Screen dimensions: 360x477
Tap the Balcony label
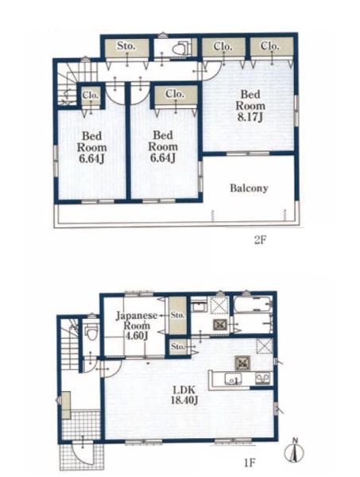click(249, 188)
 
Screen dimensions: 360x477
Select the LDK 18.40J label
click(184, 395)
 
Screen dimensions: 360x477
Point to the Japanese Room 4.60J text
click(136, 325)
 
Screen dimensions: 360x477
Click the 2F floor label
click(261, 240)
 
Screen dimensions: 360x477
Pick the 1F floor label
click(250, 463)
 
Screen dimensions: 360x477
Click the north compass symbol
click(294, 451)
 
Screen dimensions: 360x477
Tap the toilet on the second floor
click(181, 48)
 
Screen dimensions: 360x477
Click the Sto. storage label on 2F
click(126, 46)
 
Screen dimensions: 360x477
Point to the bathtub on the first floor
click(254, 304)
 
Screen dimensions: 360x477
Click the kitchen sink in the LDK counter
click(233, 379)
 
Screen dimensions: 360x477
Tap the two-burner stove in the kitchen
click(263, 378)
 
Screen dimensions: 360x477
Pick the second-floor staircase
click(76, 82)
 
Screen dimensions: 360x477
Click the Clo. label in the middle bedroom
click(175, 94)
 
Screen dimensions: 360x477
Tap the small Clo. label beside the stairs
click(91, 95)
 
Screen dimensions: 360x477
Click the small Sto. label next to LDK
click(178, 347)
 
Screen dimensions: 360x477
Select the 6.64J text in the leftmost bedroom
click(91, 159)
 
